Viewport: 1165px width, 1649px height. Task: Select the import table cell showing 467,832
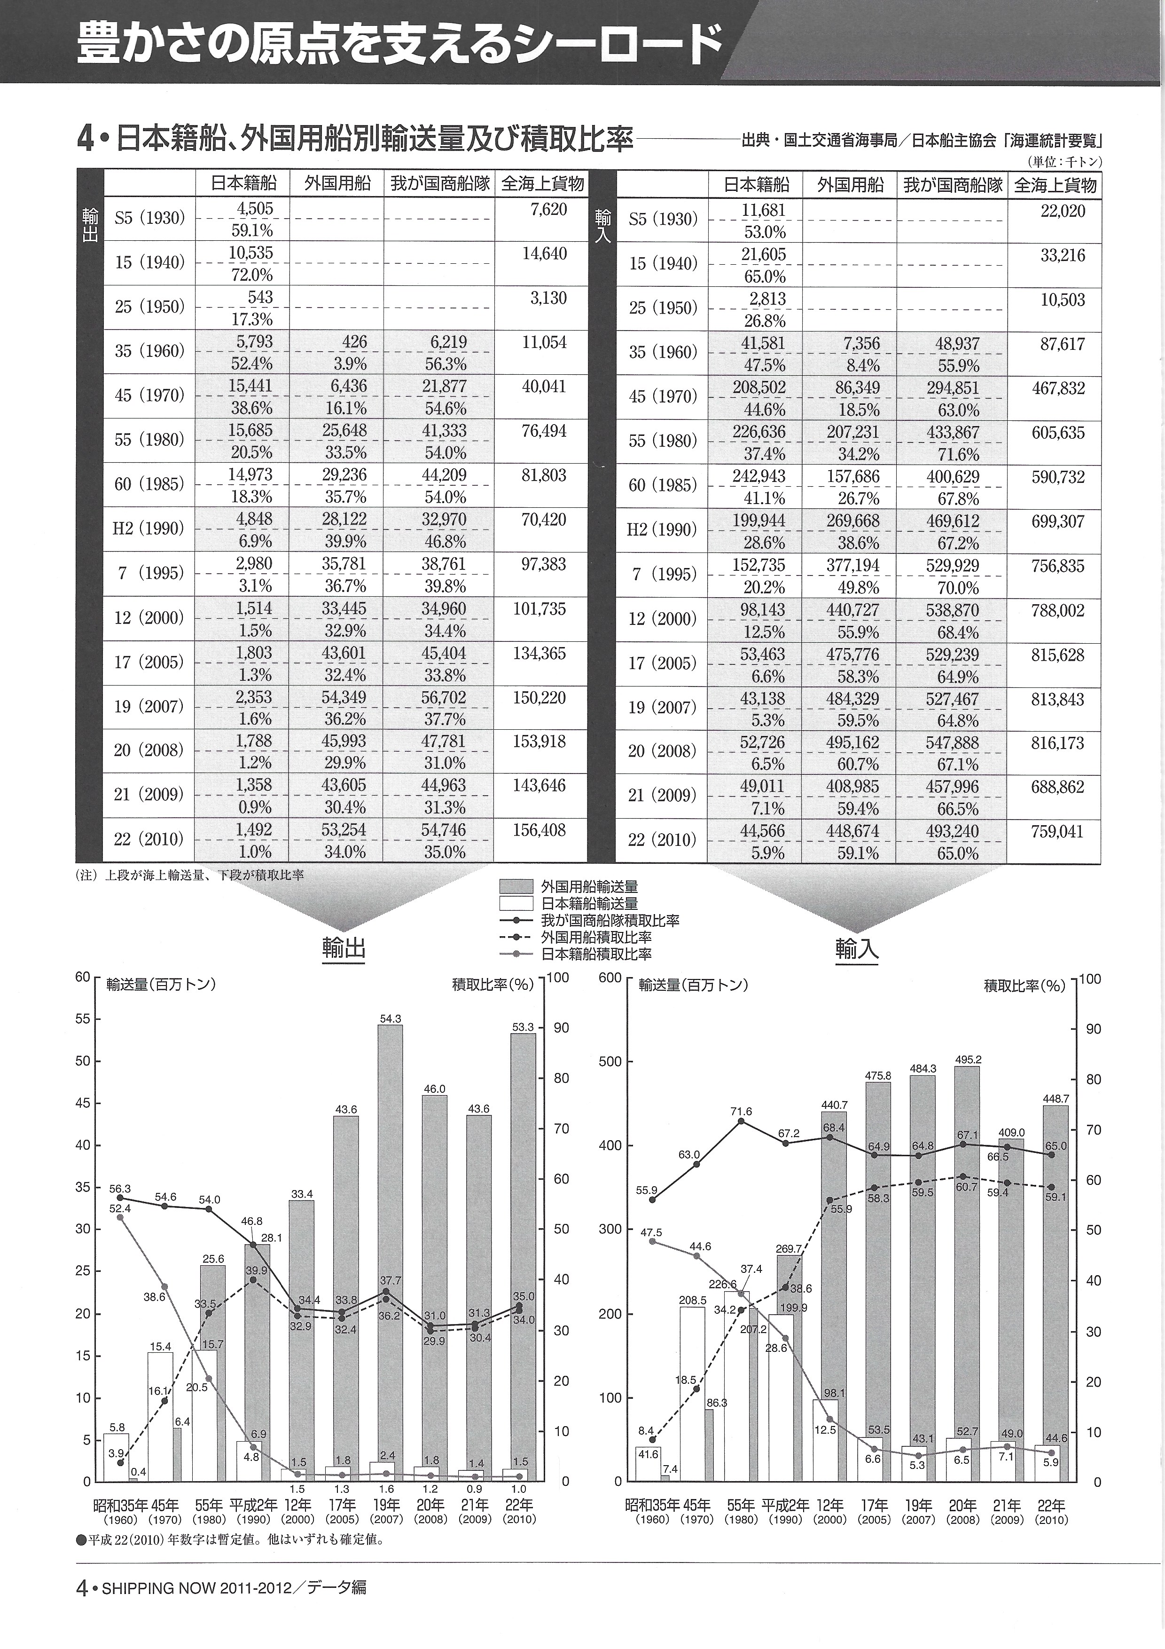point(1058,388)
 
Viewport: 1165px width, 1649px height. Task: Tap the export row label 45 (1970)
point(149,396)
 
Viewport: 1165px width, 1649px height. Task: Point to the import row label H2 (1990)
point(661,530)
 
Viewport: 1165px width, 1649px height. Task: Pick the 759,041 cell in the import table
point(1058,832)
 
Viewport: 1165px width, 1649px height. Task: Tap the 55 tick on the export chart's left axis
point(83,1018)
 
